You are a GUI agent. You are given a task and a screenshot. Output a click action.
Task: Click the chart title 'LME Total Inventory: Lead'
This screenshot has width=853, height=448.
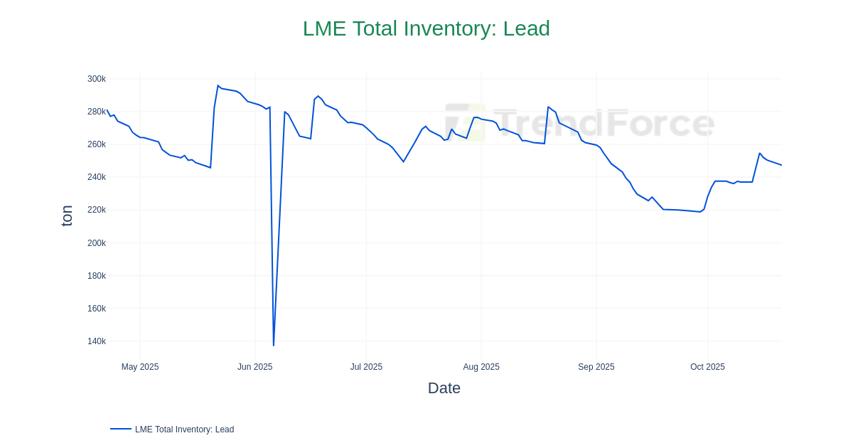point(426,28)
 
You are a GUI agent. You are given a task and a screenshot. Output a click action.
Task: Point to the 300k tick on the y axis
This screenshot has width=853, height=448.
point(97,79)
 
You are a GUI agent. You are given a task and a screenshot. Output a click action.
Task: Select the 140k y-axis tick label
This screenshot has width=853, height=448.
point(97,341)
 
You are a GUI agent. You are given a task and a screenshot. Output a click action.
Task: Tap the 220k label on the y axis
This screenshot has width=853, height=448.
point(97,210)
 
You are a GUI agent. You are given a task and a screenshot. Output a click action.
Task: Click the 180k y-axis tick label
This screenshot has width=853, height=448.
point(97,276)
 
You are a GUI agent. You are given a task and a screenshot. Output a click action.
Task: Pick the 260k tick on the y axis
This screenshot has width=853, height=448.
point(97,144)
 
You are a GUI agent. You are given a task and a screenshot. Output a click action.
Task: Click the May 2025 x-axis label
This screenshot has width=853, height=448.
point(140,367)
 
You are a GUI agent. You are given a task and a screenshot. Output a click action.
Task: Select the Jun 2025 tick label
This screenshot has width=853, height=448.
point(254,367)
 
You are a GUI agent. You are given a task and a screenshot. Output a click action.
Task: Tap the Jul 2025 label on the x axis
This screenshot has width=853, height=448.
point(366,367)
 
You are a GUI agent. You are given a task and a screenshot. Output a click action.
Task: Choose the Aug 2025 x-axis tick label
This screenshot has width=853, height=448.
point(481,367)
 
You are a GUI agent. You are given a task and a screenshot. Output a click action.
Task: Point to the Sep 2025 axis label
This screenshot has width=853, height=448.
point(596,367)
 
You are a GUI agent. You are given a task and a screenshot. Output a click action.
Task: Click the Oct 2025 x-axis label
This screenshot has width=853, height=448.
point(707,367)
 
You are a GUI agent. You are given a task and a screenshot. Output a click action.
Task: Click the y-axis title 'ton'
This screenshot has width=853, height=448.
point(67,215)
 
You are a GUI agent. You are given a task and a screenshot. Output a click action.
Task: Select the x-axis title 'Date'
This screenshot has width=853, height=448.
point(444,388)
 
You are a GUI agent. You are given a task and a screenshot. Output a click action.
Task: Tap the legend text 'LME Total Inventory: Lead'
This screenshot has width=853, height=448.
point(184,430)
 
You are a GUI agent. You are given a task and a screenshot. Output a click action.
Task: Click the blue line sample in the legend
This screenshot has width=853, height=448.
point(121,429)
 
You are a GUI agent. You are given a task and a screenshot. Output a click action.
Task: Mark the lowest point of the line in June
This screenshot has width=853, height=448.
point(274,346)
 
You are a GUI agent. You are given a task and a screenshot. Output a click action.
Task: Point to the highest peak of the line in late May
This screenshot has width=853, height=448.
point(218,86)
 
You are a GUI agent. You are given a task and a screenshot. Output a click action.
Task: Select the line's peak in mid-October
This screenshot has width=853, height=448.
point(759,154)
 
